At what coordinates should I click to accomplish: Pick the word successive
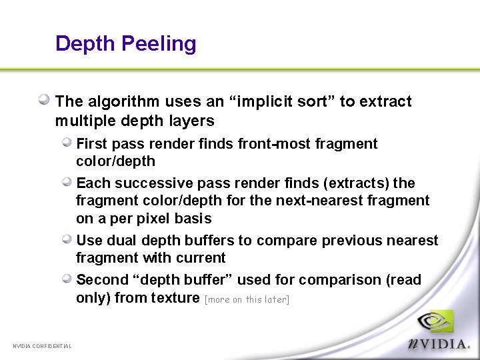[x=147, y=183]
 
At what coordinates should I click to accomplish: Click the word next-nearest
[x=323, y=201]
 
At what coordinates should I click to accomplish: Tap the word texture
[x=175, y=298]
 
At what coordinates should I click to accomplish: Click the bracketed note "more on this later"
[x=247, y=299]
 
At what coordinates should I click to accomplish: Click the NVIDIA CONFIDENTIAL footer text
[x=43, y=345]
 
